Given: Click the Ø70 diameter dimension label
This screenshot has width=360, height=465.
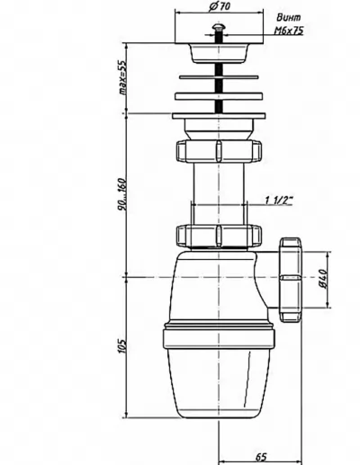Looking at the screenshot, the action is coord(220,7).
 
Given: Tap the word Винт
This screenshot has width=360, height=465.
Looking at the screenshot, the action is coord(289,18).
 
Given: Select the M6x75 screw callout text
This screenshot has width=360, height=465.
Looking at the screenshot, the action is coord(289,31).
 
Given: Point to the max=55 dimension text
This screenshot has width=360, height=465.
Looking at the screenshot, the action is coord(122,77).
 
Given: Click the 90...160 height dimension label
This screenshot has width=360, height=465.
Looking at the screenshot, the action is coord(122,194).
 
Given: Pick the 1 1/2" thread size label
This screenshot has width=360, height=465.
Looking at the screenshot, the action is coord(279,200).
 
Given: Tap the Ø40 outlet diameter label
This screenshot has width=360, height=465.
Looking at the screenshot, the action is coord(323,279).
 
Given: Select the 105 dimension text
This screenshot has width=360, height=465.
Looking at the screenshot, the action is coord(122,346).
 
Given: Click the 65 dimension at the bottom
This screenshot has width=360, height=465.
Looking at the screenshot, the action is coord(261,457).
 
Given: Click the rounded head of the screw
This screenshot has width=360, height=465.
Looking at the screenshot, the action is coord(218,27).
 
